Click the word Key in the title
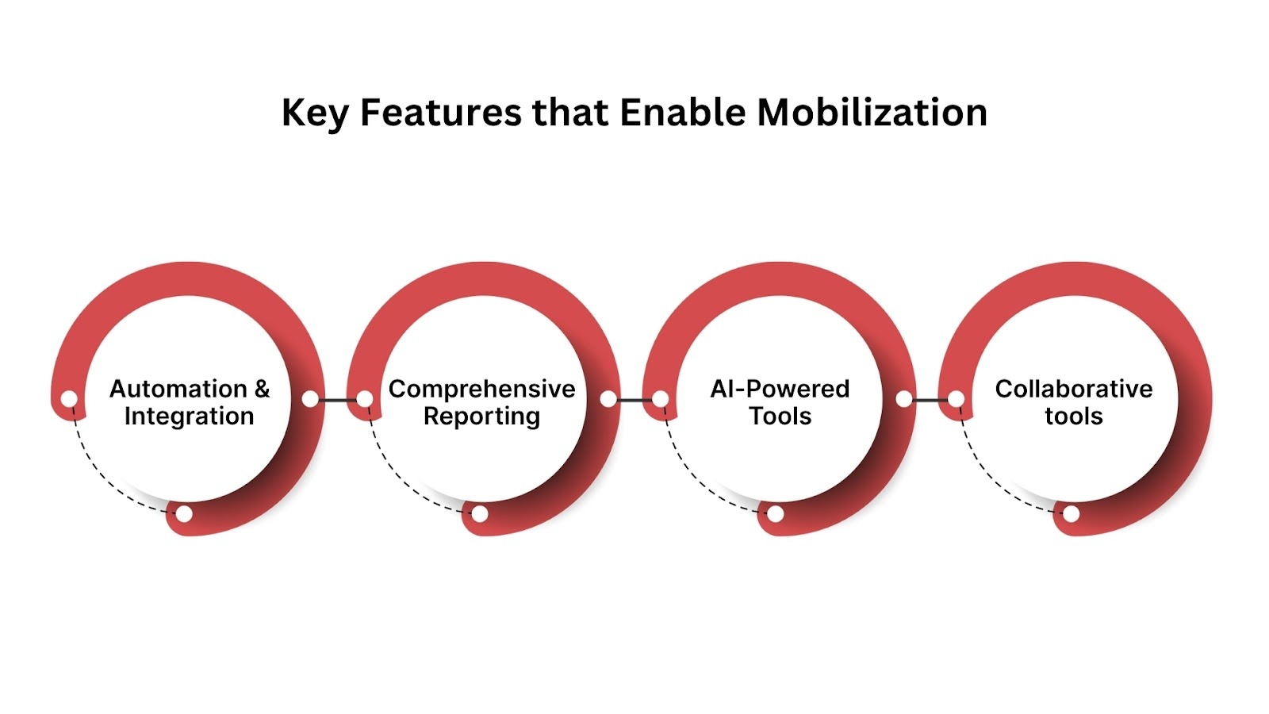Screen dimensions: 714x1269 [314, 113]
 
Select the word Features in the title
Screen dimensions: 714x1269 [441, 113]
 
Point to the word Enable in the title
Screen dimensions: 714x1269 [683, 113]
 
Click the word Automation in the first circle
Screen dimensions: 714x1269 [178, 389]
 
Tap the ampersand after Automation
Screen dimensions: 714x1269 [262, 389]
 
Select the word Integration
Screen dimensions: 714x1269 [189, 416]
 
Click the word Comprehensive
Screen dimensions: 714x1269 [481, 389]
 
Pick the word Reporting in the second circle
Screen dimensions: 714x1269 [481, 416]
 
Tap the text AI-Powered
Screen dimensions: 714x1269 [780, 389]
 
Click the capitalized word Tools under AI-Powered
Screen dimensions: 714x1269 [780, 416]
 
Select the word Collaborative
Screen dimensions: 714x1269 [1074, 389]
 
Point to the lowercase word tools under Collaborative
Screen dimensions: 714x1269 [1074, 416]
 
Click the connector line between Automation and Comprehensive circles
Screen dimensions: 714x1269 [338, 399]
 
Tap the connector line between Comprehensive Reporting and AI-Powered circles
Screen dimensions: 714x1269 [634, 399]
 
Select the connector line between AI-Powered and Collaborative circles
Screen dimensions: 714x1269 [930, 399]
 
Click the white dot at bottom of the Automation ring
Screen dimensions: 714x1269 [184, 514]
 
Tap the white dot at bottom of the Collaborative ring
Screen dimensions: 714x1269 [1071, 514]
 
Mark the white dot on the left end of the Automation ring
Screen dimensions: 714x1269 [69, 398]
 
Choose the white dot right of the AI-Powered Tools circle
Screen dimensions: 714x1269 [903, 399]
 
